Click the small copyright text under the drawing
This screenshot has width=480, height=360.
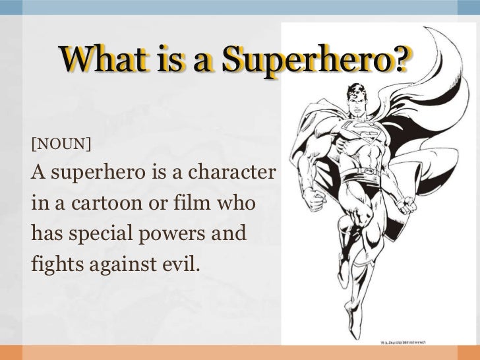click(x=415, y=342)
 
